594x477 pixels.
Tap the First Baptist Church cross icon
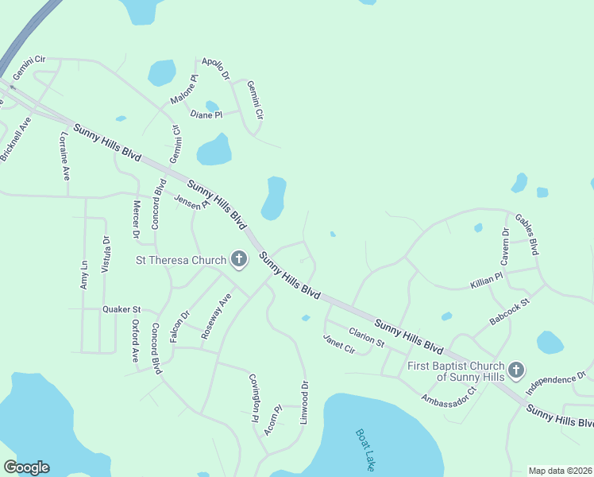[x=516, y=370]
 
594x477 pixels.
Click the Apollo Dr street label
[x=215, y=68]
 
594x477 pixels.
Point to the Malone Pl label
[x=183, y=90]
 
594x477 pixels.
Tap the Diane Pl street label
[x=206, y=115]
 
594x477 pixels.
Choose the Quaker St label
[x=121, y=309]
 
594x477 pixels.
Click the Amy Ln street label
[x=84, y=273]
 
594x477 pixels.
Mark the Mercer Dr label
[x=136, y=220]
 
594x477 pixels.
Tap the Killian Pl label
[x=486, y=280]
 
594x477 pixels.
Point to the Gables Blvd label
[x=527, y=234]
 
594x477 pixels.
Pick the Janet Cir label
[x=338, y=344]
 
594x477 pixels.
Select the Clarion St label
[x=366, y=338]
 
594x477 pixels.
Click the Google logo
[x=26, y=467]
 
